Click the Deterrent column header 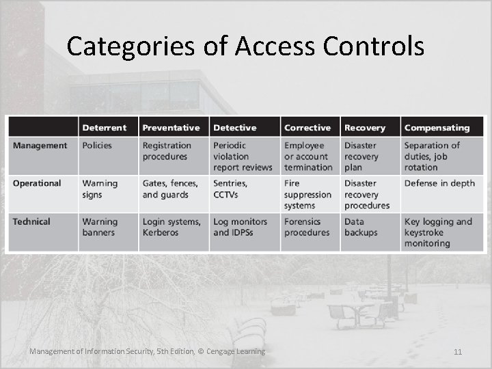tap(105, 128)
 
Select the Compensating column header tap(437, 128)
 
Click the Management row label tap(40, 146)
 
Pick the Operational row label tap(37, 184)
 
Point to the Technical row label tap(31, 222)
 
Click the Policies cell tap(97, 146)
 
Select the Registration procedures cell tap(167, 151)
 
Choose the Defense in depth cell tap(439, 184)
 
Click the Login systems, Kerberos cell tap(172, 227)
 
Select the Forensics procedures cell tap(307, 227)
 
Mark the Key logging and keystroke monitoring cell tap(438, 232)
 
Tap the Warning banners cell tap(100, 227)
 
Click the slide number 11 tap(457, 352)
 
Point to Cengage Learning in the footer tap(236, 351)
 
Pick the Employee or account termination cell tap(308, 156)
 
